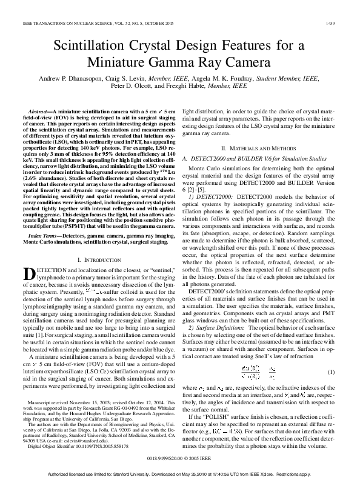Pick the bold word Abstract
[39, 113]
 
